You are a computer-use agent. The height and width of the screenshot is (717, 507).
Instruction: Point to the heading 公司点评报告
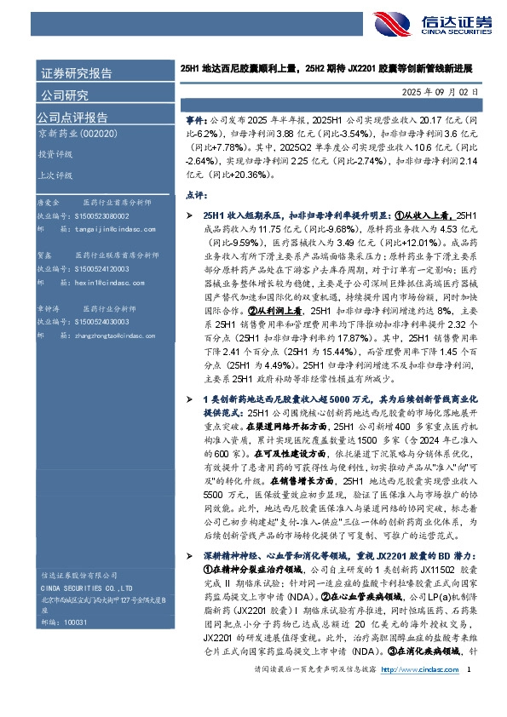(x=72, y=117)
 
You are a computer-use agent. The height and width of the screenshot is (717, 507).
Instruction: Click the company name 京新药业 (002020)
(x=76, y=135)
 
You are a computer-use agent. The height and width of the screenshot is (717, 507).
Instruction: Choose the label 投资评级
(x=55, y=154)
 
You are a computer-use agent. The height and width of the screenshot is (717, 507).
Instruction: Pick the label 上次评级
(x=55, y=175)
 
